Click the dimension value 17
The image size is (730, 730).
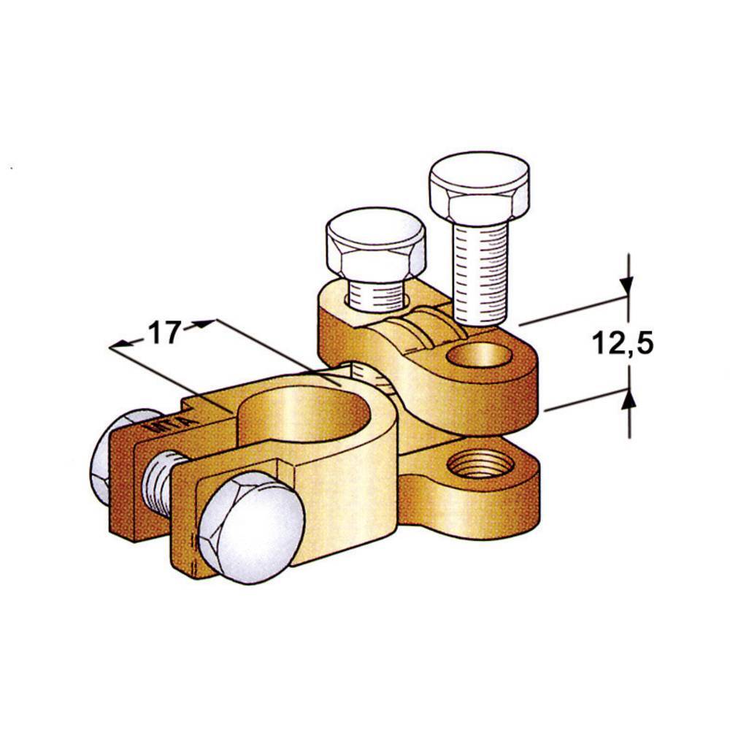click(164, 333)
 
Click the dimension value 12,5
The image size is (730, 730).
click(623, 342)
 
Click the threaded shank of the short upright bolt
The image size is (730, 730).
click(377, 295)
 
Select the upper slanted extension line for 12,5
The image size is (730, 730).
click(569, 310)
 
